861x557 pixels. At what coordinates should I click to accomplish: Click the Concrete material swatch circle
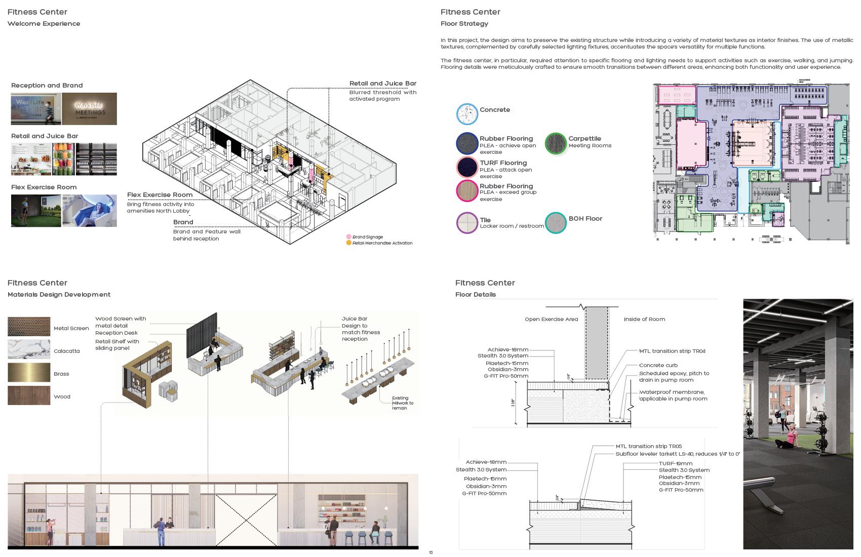point(467,114)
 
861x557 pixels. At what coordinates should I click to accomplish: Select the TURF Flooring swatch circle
point(467,167)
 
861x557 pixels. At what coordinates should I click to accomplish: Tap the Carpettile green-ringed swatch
point(556,143)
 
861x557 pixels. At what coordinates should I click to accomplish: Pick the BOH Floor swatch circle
point(556,222)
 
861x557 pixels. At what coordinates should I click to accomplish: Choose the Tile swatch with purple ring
point(467,222)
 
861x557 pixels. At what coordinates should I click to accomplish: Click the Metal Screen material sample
point(29,327)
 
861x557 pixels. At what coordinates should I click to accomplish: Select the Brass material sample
point(29,372)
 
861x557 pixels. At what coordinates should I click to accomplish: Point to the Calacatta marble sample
point(29,349)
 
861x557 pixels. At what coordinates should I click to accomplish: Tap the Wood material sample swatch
point(29,395)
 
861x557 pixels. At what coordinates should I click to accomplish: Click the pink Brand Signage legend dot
point(348,237)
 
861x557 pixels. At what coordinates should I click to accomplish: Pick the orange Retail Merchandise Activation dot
point(348,243)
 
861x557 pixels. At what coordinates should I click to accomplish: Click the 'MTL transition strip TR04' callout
point(672,351)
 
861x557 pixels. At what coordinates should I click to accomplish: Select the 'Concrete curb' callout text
point(658,365)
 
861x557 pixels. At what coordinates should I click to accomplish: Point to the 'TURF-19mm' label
point(675,463)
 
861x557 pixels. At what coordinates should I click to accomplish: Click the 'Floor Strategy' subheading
point(464,24)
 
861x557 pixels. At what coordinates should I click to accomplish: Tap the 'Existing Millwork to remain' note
point(403,403)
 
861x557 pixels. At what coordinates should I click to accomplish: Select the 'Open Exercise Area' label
point(551,320)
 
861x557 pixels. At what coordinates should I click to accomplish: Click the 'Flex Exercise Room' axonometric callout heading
point(160,195)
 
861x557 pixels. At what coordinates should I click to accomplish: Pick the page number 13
point(430,552)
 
